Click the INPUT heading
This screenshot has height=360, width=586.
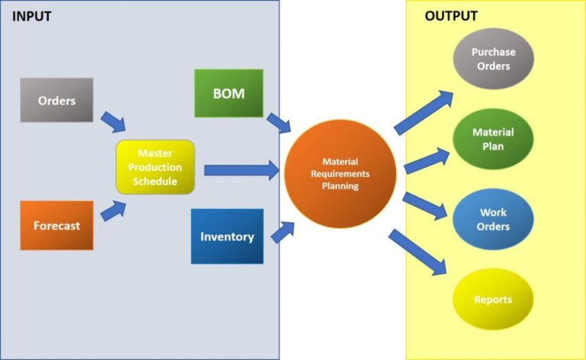click(32, 16)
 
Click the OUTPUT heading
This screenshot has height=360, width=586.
click(451, 16)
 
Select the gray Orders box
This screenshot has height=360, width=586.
click(56, 100)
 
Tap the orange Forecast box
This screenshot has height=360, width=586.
click(56, 226)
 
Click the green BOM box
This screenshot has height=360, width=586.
click(229, 93)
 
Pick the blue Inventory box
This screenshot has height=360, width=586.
click(227, 236)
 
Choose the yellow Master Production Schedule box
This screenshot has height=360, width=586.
click(156, 166)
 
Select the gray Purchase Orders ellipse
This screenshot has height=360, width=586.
click(493, 59)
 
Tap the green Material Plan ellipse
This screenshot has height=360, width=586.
click(493, 138)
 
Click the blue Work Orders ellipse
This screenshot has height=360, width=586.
click(493, 219)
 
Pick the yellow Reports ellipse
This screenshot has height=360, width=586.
click(493, 300)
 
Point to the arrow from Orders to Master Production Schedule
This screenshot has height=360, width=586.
click(113, 121)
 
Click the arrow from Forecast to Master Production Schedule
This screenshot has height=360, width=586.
click(113, 211)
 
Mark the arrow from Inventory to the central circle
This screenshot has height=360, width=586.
click(282, 231)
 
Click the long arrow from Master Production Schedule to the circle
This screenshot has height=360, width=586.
click(241, 170)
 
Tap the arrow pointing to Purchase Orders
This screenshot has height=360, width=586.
click(424, 112)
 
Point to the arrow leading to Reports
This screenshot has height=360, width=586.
click(417, 252)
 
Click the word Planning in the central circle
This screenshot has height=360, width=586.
click(340, 185)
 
